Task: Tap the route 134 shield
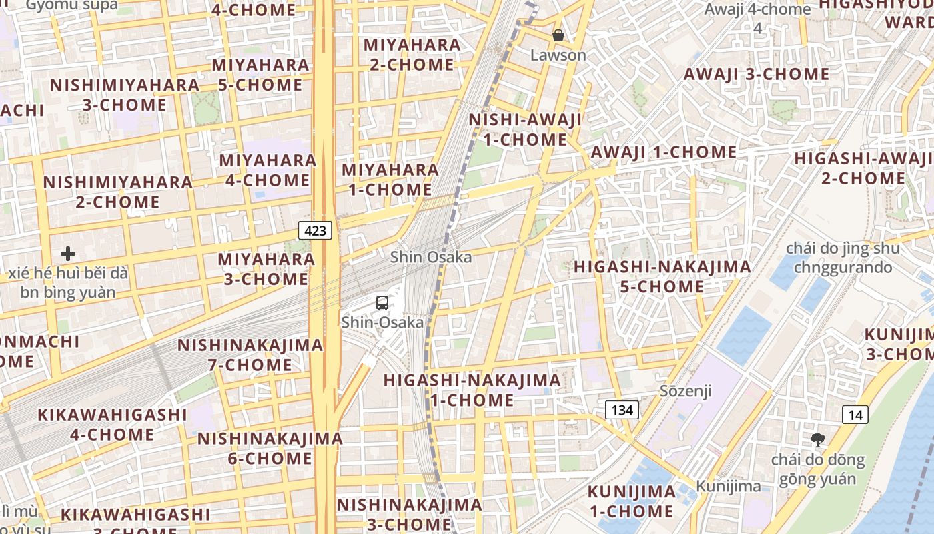pyautogui.click(x=622, y=409)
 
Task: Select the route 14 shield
pyautogui.click(x=855, y=415)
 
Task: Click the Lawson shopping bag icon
pyautogui.click(x=558, y=35)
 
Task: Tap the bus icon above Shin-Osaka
pyautogui.click(x=382, y=303)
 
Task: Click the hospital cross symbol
pyautogui.click(x=67, y=254)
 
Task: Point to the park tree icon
pyautogui.click(x=818, y=440)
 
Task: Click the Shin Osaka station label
pyautogui.click(x=430, y=257)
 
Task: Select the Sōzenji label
pyautogui.click(x=686, y=390)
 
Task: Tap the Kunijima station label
pyautogui.click(x=728, y=486)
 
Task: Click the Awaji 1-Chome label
pyautogui.click(x=664, y=152)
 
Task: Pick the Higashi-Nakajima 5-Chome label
pyautogui.click(x=662, y=276)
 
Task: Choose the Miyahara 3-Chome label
pyautogui.click(x=266, y=268)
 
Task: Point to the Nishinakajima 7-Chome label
pyautogui.click(x=250, y=354)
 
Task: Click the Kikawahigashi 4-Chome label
pyautogui.click(x=112, y=424)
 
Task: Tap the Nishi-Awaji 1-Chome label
pyautogui.click(x=525, y=129)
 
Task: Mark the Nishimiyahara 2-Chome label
pyautogui.click(x=117, y=192)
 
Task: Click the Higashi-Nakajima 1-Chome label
pyautogui.click(x=472, y=390)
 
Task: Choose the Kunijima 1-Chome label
pyautogui.click(x=631, y=501)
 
